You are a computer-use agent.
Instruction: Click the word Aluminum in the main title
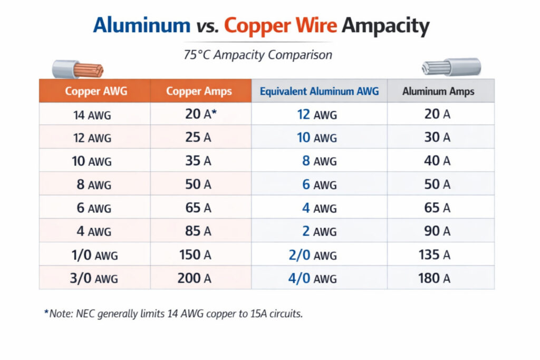[141, 25]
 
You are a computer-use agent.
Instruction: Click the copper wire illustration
[78, 69]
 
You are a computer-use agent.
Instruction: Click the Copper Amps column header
[199, 91]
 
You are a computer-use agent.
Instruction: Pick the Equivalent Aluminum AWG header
[319, 91]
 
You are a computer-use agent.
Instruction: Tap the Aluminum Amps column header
[438, 91]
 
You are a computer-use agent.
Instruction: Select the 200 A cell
[194, 278]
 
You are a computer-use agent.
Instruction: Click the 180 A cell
[434, 278]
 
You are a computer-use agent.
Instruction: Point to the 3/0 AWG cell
[94, 278]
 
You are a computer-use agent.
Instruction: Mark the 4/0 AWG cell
[312, 278]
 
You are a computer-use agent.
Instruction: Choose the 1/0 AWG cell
[94, 255]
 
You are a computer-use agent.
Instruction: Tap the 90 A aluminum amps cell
[437, 231]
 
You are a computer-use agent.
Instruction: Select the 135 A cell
[434, 255]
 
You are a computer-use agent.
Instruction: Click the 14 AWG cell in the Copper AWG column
[92, 114]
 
